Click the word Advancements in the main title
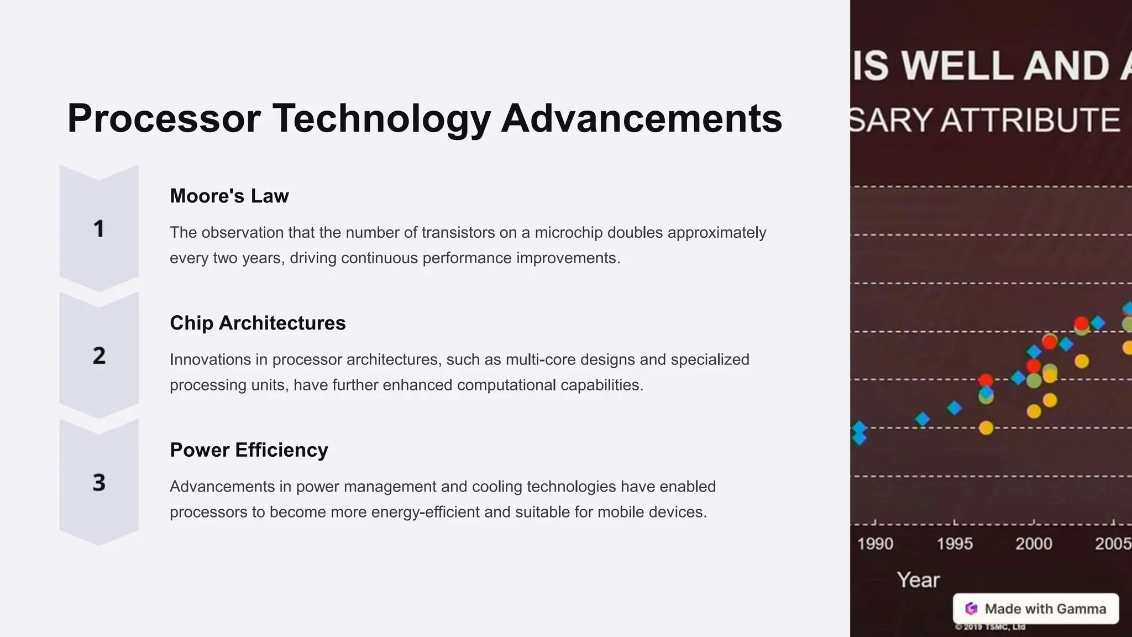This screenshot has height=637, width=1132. coord(641,118)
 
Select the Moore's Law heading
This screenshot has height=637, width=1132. coord(229,196)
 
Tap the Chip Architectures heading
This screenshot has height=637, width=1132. coord(258,323)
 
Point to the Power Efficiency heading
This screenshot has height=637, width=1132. coord(249,450)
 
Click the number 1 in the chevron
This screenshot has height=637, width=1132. coord(99,229)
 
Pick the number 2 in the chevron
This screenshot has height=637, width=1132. coord(99,356)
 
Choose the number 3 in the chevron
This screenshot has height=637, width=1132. coord(99,483)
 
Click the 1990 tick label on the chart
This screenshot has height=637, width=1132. coord(875,544)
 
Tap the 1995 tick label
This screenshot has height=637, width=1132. coord(955,544)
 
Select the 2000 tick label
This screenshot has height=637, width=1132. coord(1034,544)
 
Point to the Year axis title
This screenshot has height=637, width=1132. coord(918,580)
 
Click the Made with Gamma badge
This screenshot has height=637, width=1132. coord(1036,609)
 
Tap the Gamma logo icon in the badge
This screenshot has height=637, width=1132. coord(971,609)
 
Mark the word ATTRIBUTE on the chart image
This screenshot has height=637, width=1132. coord(1030,121)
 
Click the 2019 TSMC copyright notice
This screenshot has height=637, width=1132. coord(990,627)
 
